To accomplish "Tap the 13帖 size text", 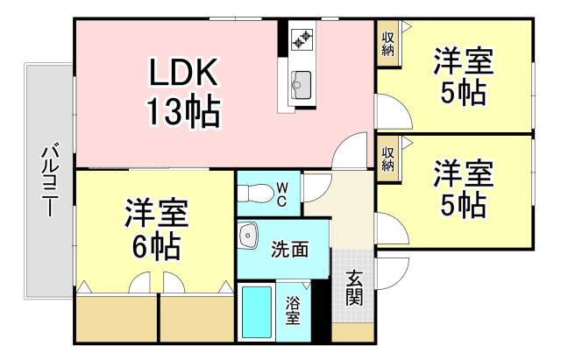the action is tap(181, 111).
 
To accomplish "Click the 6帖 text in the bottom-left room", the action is tap(156, 247).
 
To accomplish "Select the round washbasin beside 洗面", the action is tap(249, 236).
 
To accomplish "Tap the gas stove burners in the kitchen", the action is tap(302, 39).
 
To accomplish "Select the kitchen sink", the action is tap(302, 85).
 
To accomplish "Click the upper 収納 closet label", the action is tap(387, 42).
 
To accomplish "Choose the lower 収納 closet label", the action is tap(387, 159).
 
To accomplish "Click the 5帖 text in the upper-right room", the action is tap(464, 94).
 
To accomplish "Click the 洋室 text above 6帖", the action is tap(156, 214).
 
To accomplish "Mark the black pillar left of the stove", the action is tap(283, 38).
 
